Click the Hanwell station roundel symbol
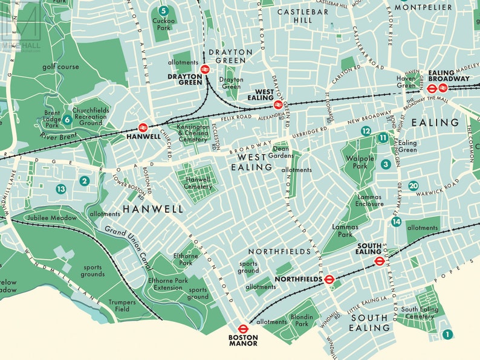[x=143, y=127]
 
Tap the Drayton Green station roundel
[x=205, y=69]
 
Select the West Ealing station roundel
[x=278, y=104]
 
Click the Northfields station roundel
[x=329, y=279]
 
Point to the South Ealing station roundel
[x=379, y=262]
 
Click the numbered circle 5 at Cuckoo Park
[x=163, y=10]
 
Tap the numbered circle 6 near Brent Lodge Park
[x=67, y=120]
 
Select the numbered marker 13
[x=60, y=189]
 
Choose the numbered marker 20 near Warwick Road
[x=413, y=186]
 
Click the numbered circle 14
[x=396, y=222]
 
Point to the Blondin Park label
[x=301, y=321]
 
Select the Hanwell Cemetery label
[x=196, y=183]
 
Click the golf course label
[x=60, y=66]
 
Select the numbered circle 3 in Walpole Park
[x=385, y=164]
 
